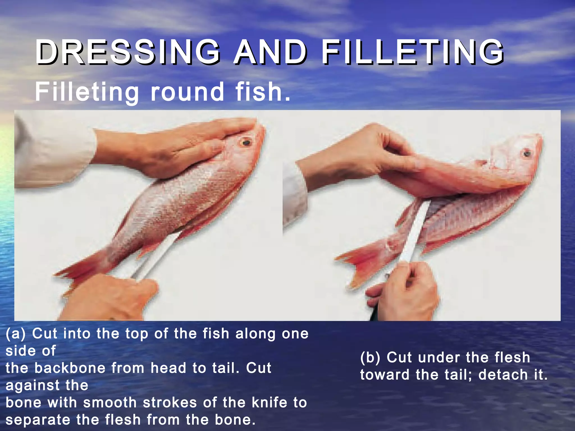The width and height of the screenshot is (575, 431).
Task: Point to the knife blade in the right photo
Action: (416, 230)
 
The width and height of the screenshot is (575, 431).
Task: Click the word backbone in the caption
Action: (70, 368)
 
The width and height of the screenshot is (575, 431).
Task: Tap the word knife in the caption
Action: (270, 403)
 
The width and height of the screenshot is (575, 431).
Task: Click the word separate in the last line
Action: (38, 420)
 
